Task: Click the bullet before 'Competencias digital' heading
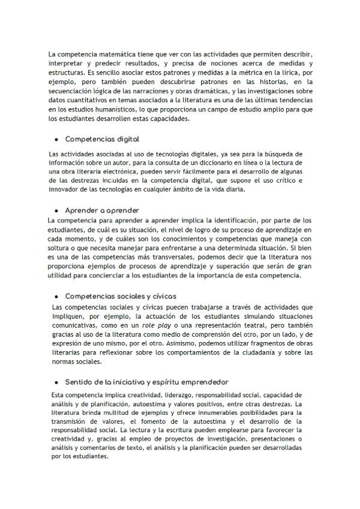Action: tap(56, 139)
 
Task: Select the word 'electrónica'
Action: tap(105, 171)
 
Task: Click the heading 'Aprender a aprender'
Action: tap(102, 210)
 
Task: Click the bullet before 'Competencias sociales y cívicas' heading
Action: tap(56, 297)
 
